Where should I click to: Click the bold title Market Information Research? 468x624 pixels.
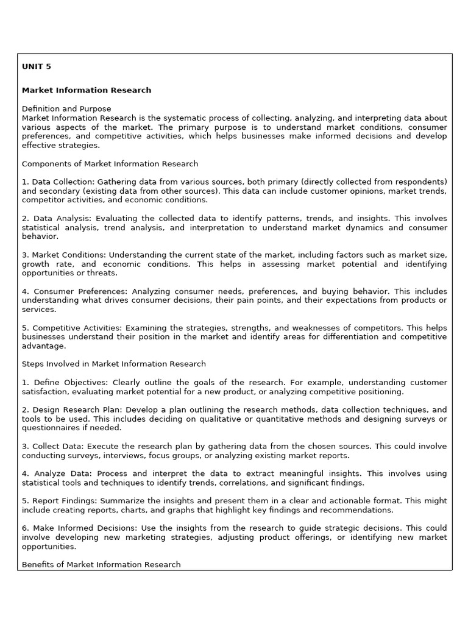87,90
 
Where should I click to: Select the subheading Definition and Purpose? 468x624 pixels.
66,109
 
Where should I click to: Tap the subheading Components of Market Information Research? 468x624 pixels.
110,164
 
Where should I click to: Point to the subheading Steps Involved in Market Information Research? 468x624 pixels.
114,364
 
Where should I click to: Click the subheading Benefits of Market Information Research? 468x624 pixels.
101,565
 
